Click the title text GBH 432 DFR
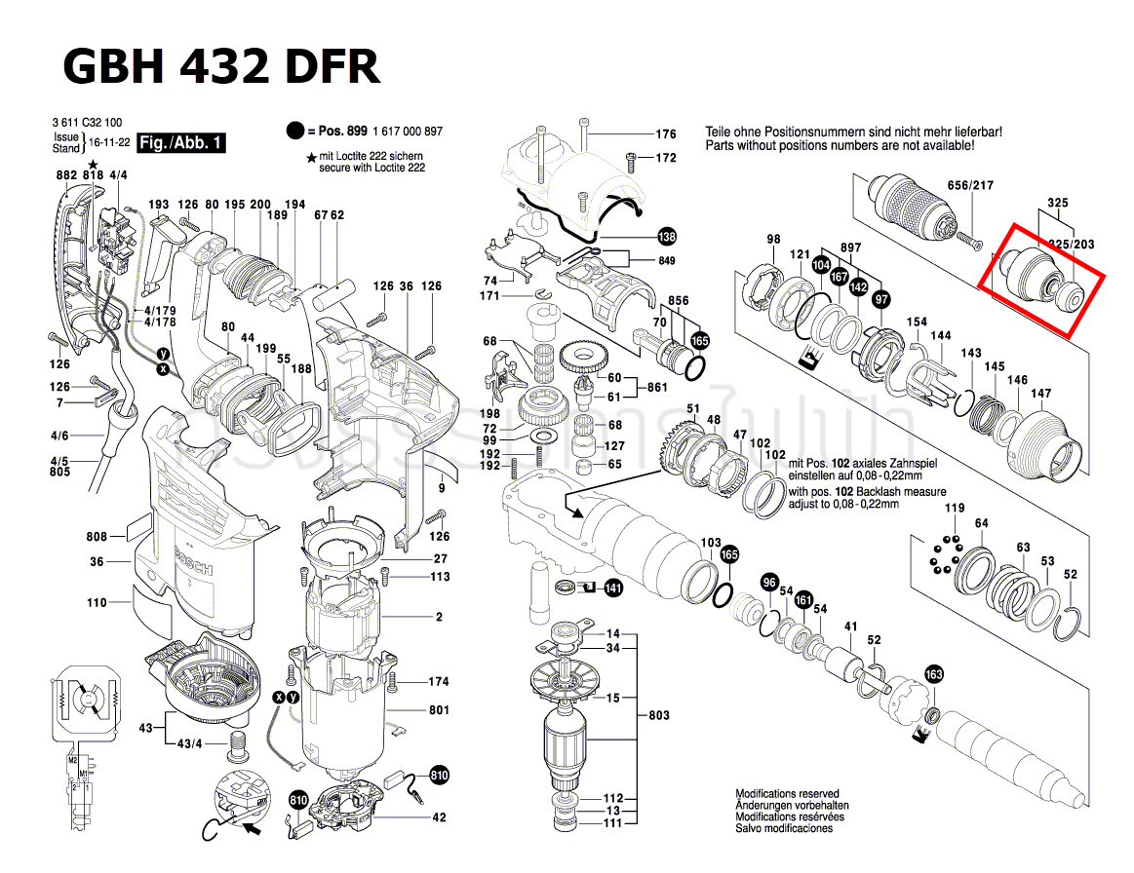[x=221, y=66]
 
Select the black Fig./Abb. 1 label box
[x=181, y=143]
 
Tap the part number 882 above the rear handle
[x=66, y=174]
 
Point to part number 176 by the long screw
[x=665, y=134]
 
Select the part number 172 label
[x=665, y=157]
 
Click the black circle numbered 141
[x=612, y=588]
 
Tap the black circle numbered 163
[x=934, y=675]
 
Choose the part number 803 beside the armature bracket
[x=659, y=715]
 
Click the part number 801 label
[x=439, y=710]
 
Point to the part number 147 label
[x=1041, y=394]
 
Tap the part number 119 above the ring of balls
[x=954, y=508]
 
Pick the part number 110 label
[x=96, y=603]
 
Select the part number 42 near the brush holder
[x=439, y=816]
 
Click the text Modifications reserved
[x=787, y=794]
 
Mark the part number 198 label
[x=489, y=413]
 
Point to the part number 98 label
[x=773, y=239]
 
